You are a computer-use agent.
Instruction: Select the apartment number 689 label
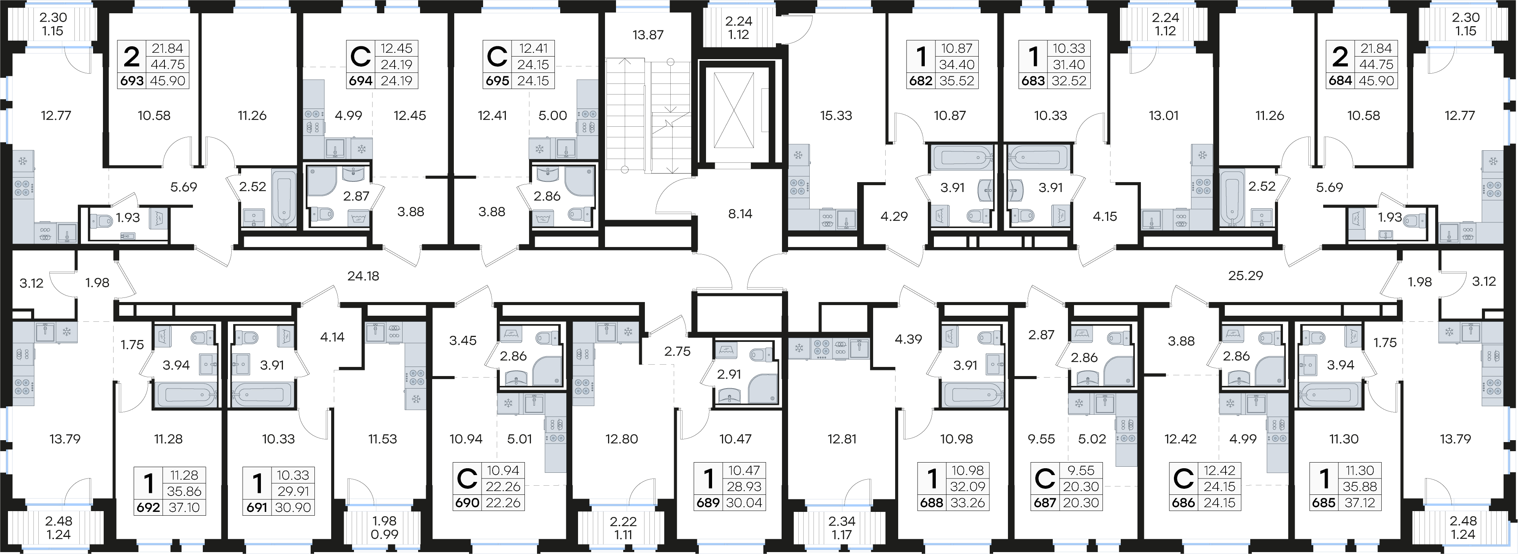(708, 503)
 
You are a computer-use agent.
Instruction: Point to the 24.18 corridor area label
(363, 275)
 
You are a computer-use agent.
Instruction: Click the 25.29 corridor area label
(1245, 275)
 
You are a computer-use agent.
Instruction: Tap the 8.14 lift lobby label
(740, 214)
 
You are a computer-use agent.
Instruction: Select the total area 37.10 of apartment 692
(184, 507)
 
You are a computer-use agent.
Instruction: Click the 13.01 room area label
(1163, 115)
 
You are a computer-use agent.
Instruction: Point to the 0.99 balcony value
(384, 535)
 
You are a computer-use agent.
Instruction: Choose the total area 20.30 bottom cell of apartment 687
(1081, 503)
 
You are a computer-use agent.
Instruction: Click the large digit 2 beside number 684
(1340, 57)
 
